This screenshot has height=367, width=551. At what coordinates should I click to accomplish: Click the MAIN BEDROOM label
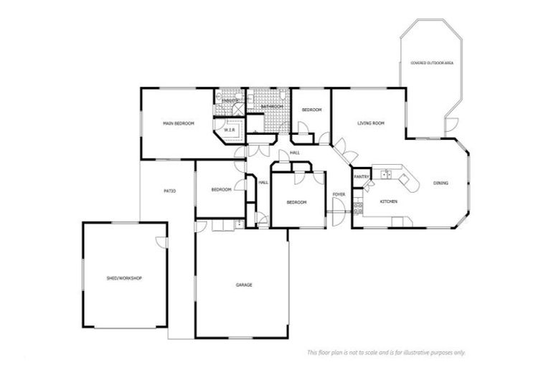tap(179, 124)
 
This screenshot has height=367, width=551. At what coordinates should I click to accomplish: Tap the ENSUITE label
tap(230, 101)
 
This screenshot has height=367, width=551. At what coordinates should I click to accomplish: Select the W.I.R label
tap(230, 130)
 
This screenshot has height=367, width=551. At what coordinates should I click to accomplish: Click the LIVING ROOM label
tap(371, 123)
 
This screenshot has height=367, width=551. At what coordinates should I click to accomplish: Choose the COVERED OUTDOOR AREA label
tap(432, 63)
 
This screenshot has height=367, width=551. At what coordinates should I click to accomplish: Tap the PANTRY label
tap(362, 176)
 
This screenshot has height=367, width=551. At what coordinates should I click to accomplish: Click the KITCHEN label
tap(388, 201)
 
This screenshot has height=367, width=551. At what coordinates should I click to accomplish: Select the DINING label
tap(441, 183)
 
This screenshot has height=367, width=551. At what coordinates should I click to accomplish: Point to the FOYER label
tap(339, 195)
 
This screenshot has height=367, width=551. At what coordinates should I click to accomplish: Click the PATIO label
tap(169, 191)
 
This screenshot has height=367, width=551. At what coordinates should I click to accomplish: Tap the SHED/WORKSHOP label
tap(123, 277)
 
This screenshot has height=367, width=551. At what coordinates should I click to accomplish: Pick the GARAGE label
tap(244, 285)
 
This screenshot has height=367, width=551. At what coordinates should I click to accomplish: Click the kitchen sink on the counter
tap(385, 173)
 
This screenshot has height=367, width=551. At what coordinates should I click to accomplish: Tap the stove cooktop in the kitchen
tap(357, 209)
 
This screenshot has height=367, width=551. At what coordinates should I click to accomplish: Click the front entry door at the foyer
tap(338, 208)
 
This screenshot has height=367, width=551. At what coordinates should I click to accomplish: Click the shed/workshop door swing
tap(161, 242)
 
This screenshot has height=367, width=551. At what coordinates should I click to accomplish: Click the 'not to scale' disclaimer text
tap(386, 352)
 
